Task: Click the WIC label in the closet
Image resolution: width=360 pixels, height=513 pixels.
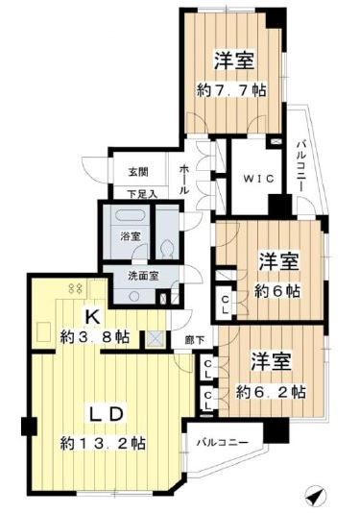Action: tap(258, 179)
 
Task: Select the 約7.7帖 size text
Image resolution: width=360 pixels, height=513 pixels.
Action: tap(231, 90)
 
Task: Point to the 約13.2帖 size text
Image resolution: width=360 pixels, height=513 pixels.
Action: tap(103, 443)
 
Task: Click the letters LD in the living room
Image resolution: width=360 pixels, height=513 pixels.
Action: tap(107, 414)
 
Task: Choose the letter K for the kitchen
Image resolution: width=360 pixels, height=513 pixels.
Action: tap(92, 316)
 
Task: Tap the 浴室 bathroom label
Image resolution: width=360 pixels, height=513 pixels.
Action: tap(131, 236)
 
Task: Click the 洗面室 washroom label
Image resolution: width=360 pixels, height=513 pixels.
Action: tap(143, 276)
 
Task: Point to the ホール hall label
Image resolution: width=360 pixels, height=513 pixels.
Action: tap(183, 180)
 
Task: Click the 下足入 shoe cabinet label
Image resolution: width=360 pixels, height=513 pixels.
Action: tap(142, 195)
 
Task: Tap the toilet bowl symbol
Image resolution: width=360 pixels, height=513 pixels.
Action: tap(167, 250)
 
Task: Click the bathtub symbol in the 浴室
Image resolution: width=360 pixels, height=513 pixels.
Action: tap(131, 215)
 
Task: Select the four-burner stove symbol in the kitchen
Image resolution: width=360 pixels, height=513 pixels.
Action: tap(76, 288)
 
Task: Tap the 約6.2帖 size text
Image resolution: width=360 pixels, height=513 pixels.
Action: tap(272, 391)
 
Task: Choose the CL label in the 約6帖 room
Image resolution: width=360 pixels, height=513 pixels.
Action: tap(225, 305)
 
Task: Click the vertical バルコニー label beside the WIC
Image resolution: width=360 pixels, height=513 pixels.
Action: tap(301, 166)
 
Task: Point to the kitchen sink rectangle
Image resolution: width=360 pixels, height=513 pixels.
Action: tap(43, 331)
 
